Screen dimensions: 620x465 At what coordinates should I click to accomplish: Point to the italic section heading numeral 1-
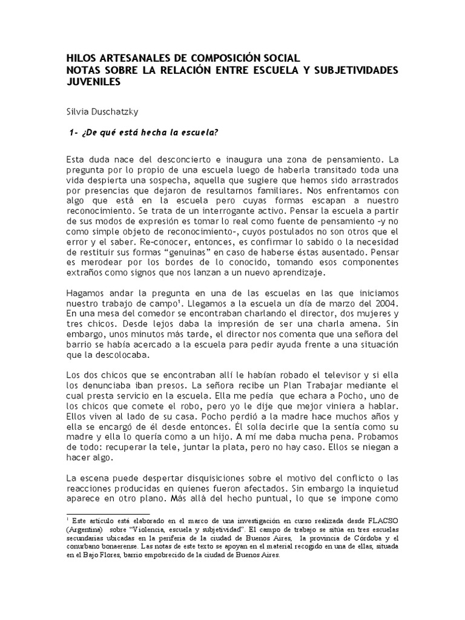point(75,133)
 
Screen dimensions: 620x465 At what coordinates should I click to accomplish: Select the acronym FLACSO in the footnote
point(380,520)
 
